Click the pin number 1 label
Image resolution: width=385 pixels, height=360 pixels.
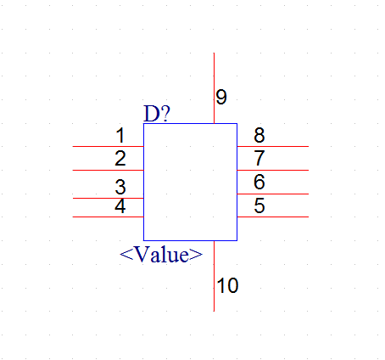pos(120,135)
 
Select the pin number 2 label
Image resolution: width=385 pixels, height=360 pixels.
pos(120,159)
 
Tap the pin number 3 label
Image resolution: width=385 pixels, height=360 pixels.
pos(120,187)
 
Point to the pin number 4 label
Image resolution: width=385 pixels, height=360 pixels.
pos(120,206)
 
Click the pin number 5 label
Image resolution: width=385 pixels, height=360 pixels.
pos(259,205)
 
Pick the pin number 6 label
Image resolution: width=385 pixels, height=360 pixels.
pos(259,182)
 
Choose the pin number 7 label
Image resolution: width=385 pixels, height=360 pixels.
pos(259,158)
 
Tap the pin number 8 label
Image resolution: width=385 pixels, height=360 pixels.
pos(259,135)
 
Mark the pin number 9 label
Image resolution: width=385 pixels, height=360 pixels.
pos(221,97)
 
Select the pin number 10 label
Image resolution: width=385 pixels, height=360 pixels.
pos(227,285)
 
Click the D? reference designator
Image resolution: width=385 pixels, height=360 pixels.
pos(157,114)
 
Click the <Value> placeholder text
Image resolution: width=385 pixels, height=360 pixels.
pos(161,254)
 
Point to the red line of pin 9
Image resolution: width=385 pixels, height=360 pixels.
pos(214,88)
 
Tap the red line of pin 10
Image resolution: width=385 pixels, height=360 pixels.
pos(214,276)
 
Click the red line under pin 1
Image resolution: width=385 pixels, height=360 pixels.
pos(109,146)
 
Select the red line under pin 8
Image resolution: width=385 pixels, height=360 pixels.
pos(273,146)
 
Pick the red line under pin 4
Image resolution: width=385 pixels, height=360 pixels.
pos(109,217)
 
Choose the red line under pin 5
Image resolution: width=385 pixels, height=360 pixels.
pos(273,217)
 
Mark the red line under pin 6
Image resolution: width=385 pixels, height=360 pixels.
pos(273,194)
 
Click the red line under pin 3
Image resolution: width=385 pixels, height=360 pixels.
pos(109,198)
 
